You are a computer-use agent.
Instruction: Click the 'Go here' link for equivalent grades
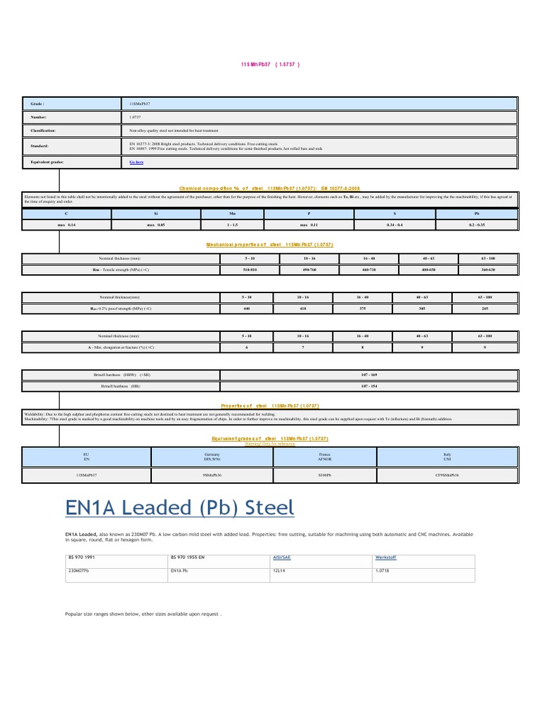tap(136, 162)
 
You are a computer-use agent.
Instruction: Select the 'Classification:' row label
tap(42, 131)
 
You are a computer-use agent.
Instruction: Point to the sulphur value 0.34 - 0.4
tap(395, 224)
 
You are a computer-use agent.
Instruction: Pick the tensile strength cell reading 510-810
tap(249, 270)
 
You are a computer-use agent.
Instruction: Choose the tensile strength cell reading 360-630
tap(488, 270)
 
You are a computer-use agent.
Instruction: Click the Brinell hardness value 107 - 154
tap(368, 387)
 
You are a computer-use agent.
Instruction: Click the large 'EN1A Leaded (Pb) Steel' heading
tap(179, 508)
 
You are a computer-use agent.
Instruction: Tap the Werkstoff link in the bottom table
tap(385, 557)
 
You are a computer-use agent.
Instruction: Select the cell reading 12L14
tap(280, 571)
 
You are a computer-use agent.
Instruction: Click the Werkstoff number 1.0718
tap(383, 571)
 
